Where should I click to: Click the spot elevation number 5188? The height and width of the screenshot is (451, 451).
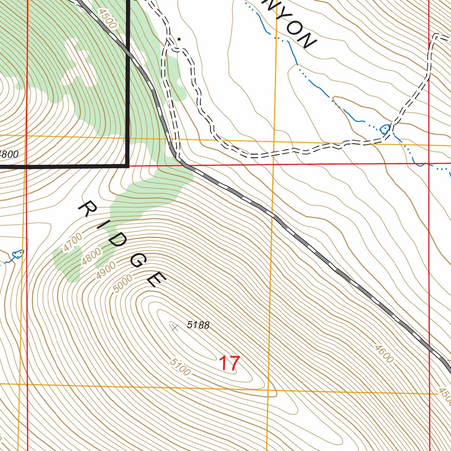[x=198, y=325]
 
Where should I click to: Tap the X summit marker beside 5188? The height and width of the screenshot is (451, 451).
[x=174, y=327]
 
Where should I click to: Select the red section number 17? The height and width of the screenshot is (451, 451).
[x=229, y=364]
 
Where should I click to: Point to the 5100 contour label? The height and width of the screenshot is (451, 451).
[x=180, y=368]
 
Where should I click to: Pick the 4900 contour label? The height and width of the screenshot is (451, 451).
[x=106, y=269]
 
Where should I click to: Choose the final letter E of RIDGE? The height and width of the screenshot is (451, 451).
[x=156, y=279]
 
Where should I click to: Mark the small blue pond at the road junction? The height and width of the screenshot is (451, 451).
[x=384, y=129]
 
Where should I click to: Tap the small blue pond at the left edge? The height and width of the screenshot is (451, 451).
[x=18, y=254]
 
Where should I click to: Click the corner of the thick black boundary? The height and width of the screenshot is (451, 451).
[x=128, y=166]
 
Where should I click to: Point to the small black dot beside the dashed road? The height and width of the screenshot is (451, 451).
[x=179, y=39]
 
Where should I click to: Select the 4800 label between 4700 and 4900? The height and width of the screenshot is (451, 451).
[x=91, y=256]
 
